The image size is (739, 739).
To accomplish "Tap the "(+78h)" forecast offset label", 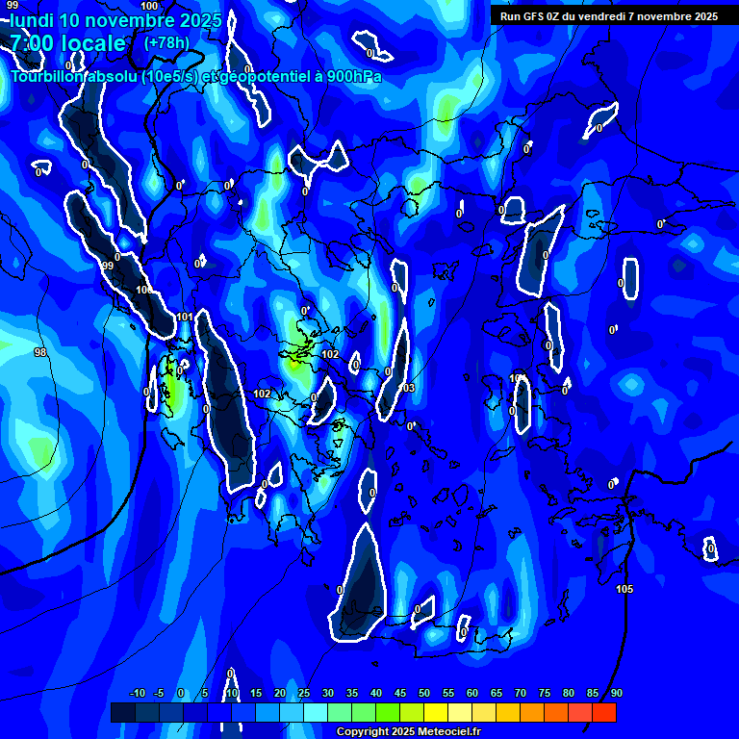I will click(x=166, y=43).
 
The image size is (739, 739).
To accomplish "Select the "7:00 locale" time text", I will click(x=67, y=44).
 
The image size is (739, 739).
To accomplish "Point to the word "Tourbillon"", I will click(x=47, y=77).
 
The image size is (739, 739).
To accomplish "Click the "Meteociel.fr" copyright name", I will click(x=448, y=732).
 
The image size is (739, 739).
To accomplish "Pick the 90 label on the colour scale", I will click(x=616, y=694).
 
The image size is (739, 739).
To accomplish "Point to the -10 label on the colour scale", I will click(x=137, y=694).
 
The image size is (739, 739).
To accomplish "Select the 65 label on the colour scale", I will click(x=497, y=694).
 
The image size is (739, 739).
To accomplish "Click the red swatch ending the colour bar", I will click(x=603, y=712).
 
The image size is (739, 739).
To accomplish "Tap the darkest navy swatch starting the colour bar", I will click(x=122, y=712).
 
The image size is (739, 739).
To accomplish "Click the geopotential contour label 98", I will click(x=40, y=353).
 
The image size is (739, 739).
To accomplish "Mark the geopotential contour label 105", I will click(x=624, y=589).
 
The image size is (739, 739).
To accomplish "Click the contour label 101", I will click(x=185, y=317).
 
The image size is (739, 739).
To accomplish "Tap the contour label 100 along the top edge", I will click(x=149, y=6).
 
